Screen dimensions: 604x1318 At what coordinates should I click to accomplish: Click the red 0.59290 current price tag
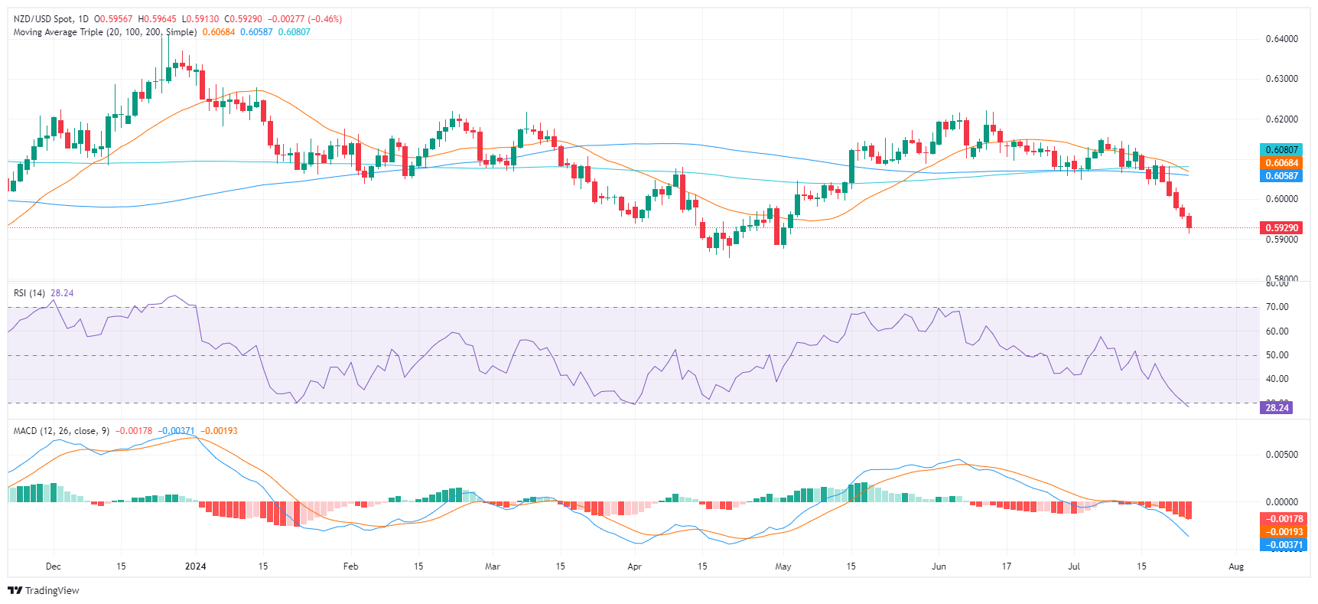point(1281,227)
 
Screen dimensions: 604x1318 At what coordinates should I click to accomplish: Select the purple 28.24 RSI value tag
point(1277,407)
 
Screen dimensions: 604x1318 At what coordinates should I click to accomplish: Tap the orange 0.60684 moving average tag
point(1281,162)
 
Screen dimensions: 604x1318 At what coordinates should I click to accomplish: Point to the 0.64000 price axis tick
point(1281,39)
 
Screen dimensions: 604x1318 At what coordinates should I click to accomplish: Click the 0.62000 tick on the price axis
point(1281,119)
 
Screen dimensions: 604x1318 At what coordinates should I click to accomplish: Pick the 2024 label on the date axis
point(196,566)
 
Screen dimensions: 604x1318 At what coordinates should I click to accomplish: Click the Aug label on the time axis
point(1236,566)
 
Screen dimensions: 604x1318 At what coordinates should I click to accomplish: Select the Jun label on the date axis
point(939,566)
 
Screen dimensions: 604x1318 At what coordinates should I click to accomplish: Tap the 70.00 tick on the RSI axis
point(1277,307)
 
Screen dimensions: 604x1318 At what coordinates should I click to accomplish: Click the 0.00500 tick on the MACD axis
point(1281,455)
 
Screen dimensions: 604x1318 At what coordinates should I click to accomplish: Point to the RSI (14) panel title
point(31,293)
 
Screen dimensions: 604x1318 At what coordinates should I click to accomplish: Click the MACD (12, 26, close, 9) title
point(61,431)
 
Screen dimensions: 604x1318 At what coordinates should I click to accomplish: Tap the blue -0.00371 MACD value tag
point(1281,545)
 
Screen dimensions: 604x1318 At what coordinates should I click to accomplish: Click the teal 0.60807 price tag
point(1281,150)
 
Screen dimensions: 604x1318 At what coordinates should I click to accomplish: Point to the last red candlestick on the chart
point(1189,222)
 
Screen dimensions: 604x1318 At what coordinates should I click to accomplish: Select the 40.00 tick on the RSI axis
point(1277,379)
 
